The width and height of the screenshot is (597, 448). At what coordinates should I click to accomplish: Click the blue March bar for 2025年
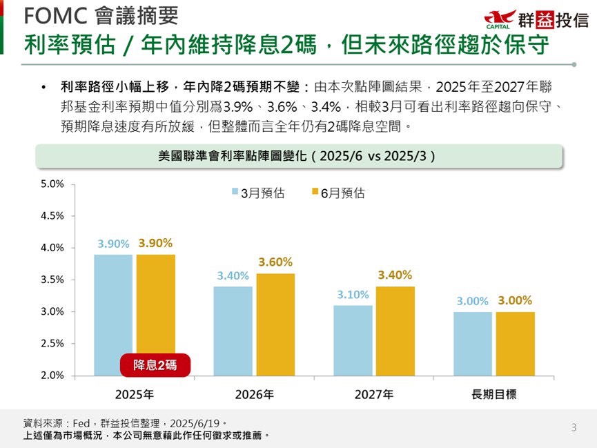click(x=113, y=304)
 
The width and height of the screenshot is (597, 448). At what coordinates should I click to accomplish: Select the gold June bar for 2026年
click(x=275, y=324)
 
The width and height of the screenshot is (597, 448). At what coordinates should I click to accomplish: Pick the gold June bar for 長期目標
click(x=515, y=344)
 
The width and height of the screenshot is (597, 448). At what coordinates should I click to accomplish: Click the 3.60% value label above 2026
click(x=275, y=262)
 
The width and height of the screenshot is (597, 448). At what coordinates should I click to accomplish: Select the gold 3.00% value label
click(x=515, y=301)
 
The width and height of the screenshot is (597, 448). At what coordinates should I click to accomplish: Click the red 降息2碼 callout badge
click(x=155, y=365)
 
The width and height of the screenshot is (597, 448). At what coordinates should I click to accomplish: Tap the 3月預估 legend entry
click(x=257, y=193)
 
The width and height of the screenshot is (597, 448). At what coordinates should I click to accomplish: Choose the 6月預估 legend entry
click(x=338, y=193)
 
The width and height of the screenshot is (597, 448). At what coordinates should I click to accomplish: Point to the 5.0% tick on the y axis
click(x=52, y=184)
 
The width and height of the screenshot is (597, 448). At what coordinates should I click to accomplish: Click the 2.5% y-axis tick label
click(x=52, y=344)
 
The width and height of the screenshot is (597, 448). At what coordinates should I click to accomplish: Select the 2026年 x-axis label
click(x=255, y=396)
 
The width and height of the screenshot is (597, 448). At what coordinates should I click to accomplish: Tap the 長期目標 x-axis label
click(x=494, y=396)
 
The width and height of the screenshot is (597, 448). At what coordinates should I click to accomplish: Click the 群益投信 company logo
click(x=536, y=19)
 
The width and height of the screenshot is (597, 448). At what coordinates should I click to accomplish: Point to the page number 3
click(x=574, y=428)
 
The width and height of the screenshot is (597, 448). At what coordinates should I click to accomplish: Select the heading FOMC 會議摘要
click(x=101, y=15)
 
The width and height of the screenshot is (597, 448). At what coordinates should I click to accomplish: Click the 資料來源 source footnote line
click(x=125, y=423)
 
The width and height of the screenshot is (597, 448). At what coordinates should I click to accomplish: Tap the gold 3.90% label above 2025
click(x=155, y=243)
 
